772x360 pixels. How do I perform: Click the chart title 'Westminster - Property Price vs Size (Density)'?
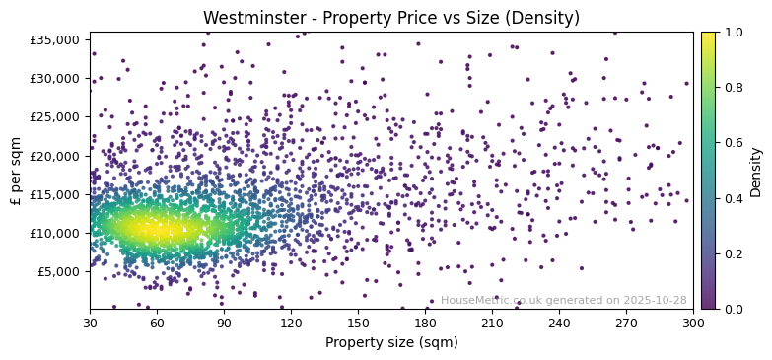pos(391,18)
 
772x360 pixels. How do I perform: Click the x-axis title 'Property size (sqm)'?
pos(391,343)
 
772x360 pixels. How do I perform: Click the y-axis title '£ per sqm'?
pos(16,171)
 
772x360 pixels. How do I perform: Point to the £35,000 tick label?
pos(56,39)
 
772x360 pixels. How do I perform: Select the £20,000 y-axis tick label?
pos(56,156)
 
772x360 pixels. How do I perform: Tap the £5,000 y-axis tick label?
pos(59,271)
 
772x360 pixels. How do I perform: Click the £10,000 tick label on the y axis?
pos(56,233)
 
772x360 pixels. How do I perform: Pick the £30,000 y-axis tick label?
pos(56,78)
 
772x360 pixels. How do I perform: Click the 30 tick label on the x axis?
pos(90,323)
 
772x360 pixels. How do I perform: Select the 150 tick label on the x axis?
pos(358,323)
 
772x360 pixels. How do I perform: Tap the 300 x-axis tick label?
pos(693,323)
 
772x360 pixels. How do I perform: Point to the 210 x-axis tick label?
pos(492,323)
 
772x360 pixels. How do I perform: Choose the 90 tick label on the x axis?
pos(224,323)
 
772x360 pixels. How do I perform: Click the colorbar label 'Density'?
pos(756,171)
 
